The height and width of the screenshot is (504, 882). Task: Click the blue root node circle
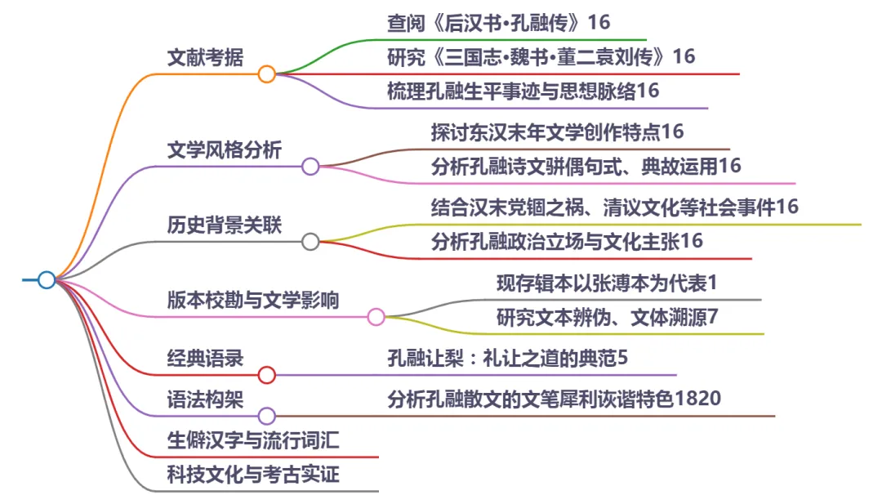[47, 280]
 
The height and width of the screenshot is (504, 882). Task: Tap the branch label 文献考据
[205, 58]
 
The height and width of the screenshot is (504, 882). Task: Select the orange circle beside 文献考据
[266, 74]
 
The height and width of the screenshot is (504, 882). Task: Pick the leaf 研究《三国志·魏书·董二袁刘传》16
[541, 56]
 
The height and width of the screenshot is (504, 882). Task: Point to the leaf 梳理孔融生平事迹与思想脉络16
[523, 91]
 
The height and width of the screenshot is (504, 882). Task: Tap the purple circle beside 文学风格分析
[310, 167]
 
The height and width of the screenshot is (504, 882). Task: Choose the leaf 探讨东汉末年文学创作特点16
[557, 132]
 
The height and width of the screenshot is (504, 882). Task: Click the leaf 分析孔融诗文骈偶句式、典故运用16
[586, 166]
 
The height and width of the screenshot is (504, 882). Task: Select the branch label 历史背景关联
[225, 225]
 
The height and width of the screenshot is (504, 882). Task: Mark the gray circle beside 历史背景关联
[310, 241]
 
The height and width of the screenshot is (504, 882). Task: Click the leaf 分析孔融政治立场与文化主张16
[567, 241]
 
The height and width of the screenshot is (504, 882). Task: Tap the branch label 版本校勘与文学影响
[253, 300]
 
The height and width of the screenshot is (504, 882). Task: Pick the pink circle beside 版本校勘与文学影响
[376, 317]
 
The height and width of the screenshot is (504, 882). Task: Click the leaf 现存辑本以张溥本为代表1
[607, 283]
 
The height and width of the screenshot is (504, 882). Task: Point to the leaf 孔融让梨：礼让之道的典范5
[507, 358]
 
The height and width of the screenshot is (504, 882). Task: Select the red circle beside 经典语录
[266, 375]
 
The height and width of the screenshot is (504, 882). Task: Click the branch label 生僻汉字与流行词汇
[253, 441]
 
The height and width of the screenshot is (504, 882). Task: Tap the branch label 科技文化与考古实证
[253, 475]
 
